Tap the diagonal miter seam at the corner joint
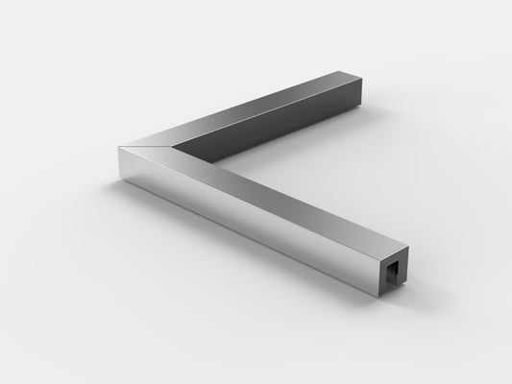pyautogui.click(x=145, y=143)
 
